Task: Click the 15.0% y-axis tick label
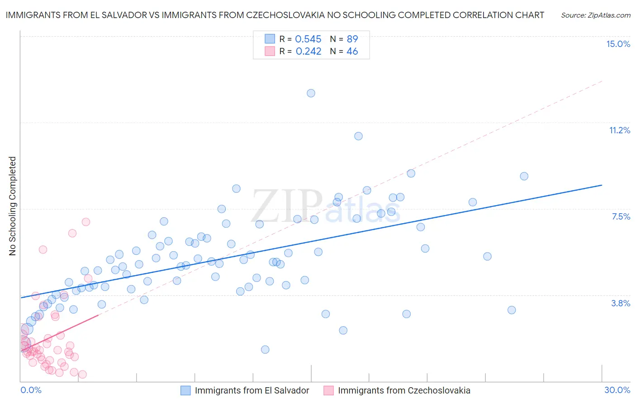(x=618, y=44)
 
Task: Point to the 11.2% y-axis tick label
(x=619, y=130)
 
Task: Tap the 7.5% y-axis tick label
(x=621, y=216)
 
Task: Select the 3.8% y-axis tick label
(x=621, y=303)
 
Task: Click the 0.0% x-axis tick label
(x=31, y=390)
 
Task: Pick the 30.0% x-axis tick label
(x=617, y=390)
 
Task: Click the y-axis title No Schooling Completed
(x=13, y=206)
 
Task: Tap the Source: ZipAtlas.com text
(x=595, y=15)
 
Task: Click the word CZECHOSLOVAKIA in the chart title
(x=285, y=15)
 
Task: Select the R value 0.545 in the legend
(x=308, y=39)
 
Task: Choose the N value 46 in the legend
(x=352, y=52)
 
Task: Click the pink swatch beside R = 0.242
(x=270, y=52)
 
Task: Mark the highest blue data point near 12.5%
(x=311, y=93)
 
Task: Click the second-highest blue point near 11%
(x=358, y=136)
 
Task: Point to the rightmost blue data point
(x=524, y=176)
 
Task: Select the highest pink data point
(x=86, y=222)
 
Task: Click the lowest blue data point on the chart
(x=265, y=349)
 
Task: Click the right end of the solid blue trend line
(x=602, y=185)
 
